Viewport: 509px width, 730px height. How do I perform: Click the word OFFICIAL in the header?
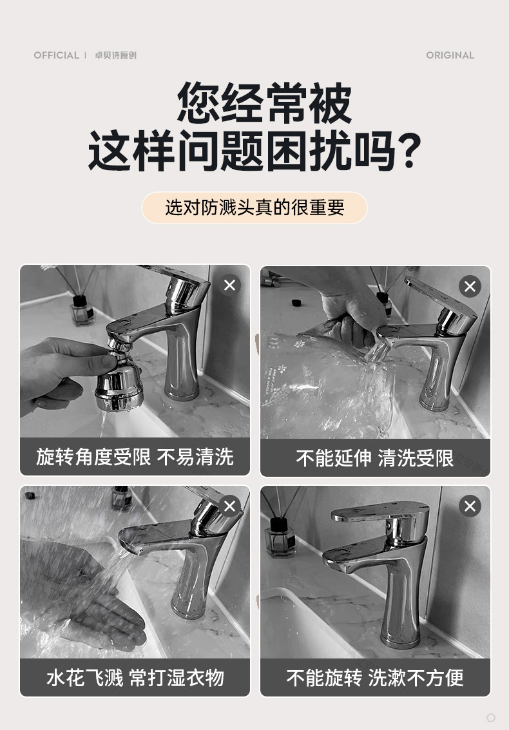56,55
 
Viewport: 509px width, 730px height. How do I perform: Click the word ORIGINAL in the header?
450,55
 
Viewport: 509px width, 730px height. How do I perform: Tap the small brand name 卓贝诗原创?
115,55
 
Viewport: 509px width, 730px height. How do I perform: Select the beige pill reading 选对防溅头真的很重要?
254,207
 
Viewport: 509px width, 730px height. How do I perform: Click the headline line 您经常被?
264,102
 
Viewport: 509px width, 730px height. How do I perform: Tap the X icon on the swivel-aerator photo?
229,285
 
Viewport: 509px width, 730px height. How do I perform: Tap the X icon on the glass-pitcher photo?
470,286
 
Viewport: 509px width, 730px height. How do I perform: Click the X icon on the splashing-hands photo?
229,506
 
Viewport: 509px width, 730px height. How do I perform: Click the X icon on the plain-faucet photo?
470,506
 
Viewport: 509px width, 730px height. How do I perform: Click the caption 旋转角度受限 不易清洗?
135,457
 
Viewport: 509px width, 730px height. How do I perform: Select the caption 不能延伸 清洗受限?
375,457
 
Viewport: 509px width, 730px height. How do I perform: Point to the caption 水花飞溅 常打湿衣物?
135,677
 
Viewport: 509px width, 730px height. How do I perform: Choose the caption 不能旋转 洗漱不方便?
375,677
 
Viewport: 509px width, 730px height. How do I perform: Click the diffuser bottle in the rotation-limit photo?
82,310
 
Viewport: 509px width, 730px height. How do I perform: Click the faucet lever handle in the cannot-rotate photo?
380,511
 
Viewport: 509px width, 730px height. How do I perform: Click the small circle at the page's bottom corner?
490,717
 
